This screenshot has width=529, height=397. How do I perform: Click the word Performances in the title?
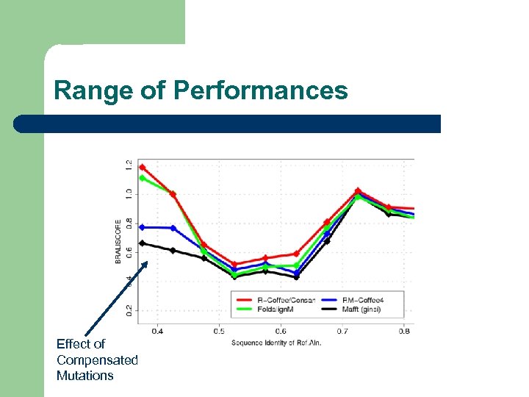coord(261,90)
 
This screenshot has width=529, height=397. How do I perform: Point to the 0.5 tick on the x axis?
coord(219,332)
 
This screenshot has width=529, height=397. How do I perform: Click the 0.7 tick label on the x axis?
coord(342,332)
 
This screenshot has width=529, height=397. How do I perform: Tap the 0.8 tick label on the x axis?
coord(404,332)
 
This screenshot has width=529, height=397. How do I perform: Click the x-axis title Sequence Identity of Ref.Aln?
coord(276,343)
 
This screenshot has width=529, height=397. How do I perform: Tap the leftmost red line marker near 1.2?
coord(142,168)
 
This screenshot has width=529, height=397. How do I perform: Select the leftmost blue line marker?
coord(142,227)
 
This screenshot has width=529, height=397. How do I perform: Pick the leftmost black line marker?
coord(142,243)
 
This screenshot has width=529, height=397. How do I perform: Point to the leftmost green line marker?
coord(142,178)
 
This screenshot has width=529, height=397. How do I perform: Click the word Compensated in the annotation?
coord(97,360)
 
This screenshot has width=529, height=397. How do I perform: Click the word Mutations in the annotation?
coord(85,376)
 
